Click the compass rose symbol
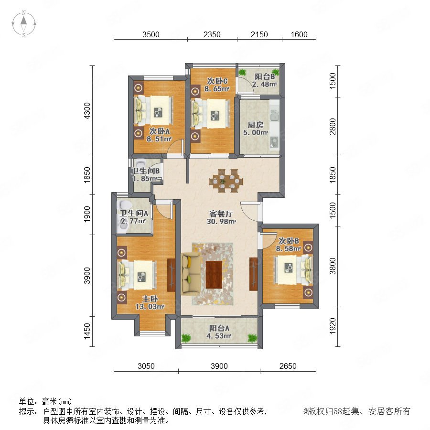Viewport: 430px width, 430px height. pyautogui.click(x=24, y=24)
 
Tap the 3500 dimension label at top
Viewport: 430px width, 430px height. pyautogui.click(x=151, y=34)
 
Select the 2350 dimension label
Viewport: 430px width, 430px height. pyautogui.click(x=212, y=34)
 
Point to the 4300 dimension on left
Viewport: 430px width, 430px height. pyautogui.click(x=87, y=111)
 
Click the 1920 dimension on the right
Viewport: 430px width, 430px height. pyautogui.click(x=333, y=326)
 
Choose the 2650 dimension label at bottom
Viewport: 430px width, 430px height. pyautogui.click(x=288, y=366)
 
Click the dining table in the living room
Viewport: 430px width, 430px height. pyautogui.click(x=226, y=181)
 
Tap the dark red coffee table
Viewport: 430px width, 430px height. pyautogui.click(x=214, y=275)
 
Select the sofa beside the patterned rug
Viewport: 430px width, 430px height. pyautogui.click(x=191, y=274)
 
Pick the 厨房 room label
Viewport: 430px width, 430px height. pyautogui.click(x=255, y=125)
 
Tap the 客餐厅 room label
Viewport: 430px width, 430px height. pyautogui.click(x=221, y=214)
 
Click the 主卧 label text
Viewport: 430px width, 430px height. pyautogui.click(x=150, y=299)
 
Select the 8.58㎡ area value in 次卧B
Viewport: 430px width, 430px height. pyautogui.click(x=288, y=249)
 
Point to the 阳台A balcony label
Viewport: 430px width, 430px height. pyautogui.click(x=219, y=328)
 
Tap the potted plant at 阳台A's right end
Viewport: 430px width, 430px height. pyautogui.click(x=252, y=338)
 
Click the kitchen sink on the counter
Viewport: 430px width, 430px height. pyautogui.click(x=274, y=115)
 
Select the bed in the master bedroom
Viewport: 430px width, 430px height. pyautogui.click(x=137, y=275)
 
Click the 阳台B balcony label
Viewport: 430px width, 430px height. pyautogui.click(x=265, y=76)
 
